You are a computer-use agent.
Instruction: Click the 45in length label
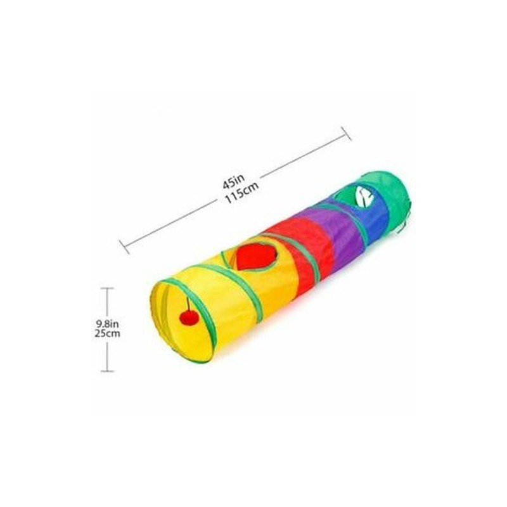click(x=234, y=183)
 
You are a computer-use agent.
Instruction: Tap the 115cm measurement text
click(x=242, y=193)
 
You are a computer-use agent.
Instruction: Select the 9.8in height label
click(x=107, y=323)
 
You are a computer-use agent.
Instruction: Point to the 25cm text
click(x=107, y=333)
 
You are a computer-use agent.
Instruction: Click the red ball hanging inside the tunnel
click(x=189, y=318)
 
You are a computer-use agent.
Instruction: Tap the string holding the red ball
click(x=187, y=304)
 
